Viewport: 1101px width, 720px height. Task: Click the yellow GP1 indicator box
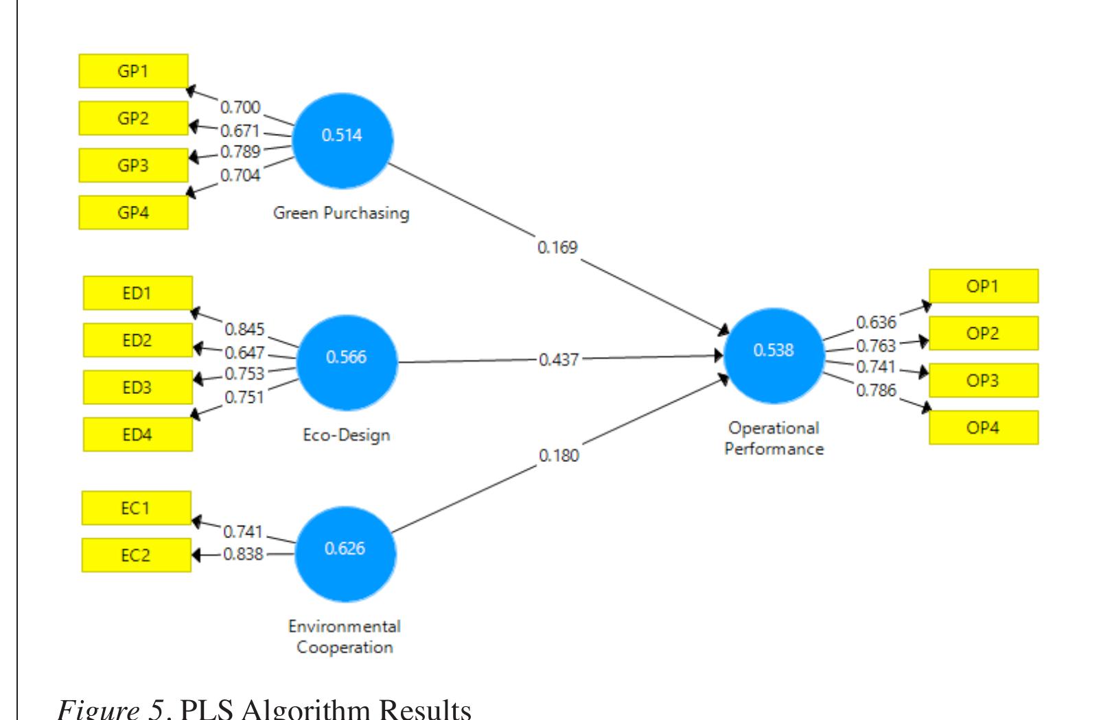coord(133,71)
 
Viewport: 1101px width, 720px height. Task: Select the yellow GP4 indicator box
coord(133,213)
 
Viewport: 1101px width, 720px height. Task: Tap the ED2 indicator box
coord(137,340)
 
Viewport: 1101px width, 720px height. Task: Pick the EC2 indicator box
coord(136,555)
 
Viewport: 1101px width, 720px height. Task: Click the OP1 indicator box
coord(983,286)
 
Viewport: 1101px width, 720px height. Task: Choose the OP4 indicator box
coord(983,428)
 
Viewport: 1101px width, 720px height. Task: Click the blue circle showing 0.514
coord(343,141)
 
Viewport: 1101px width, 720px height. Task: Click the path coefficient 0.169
coord(557,247)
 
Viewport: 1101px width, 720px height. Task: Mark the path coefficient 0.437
coord(558,360)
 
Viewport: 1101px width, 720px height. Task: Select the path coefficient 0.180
coord(559,456)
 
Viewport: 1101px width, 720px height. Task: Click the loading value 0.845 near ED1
coord(244,329)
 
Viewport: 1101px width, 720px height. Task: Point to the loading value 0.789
coord(240,152)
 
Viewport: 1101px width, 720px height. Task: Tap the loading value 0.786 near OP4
coord(876,391)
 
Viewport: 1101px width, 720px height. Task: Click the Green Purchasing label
coord(341,213)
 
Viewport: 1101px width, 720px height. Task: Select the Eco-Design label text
coord(347,435)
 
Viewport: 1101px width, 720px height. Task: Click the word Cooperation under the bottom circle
coord(345,647)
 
